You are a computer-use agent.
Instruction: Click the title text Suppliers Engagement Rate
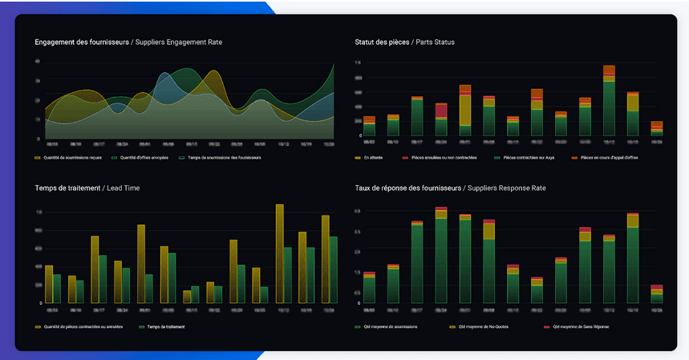(x=177, y=42)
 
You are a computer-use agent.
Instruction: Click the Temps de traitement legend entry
(x=161, y=327)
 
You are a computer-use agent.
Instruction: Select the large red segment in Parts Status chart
(x=441, y=111)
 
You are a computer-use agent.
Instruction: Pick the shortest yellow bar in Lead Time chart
(x=187, y=297)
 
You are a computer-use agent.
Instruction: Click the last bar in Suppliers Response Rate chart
(x=656, y=293)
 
